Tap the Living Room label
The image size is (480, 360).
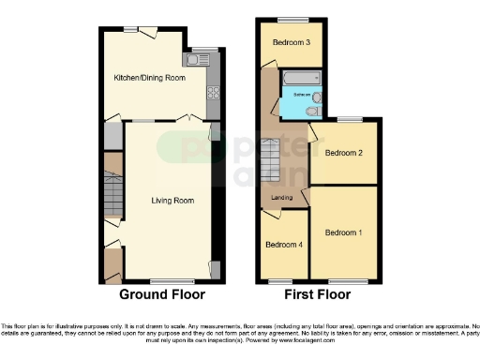tap(172, 200)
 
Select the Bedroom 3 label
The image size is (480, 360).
tap(292, 43)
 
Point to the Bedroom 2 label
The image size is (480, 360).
tap(343, 152)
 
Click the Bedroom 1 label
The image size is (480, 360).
tap(343, 232)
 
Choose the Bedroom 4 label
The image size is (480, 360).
tap(283, 246)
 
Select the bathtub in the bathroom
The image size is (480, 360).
tap(300, 78)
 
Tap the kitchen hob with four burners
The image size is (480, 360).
tap(212, 92)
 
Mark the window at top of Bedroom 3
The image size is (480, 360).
tap(292, 20)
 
